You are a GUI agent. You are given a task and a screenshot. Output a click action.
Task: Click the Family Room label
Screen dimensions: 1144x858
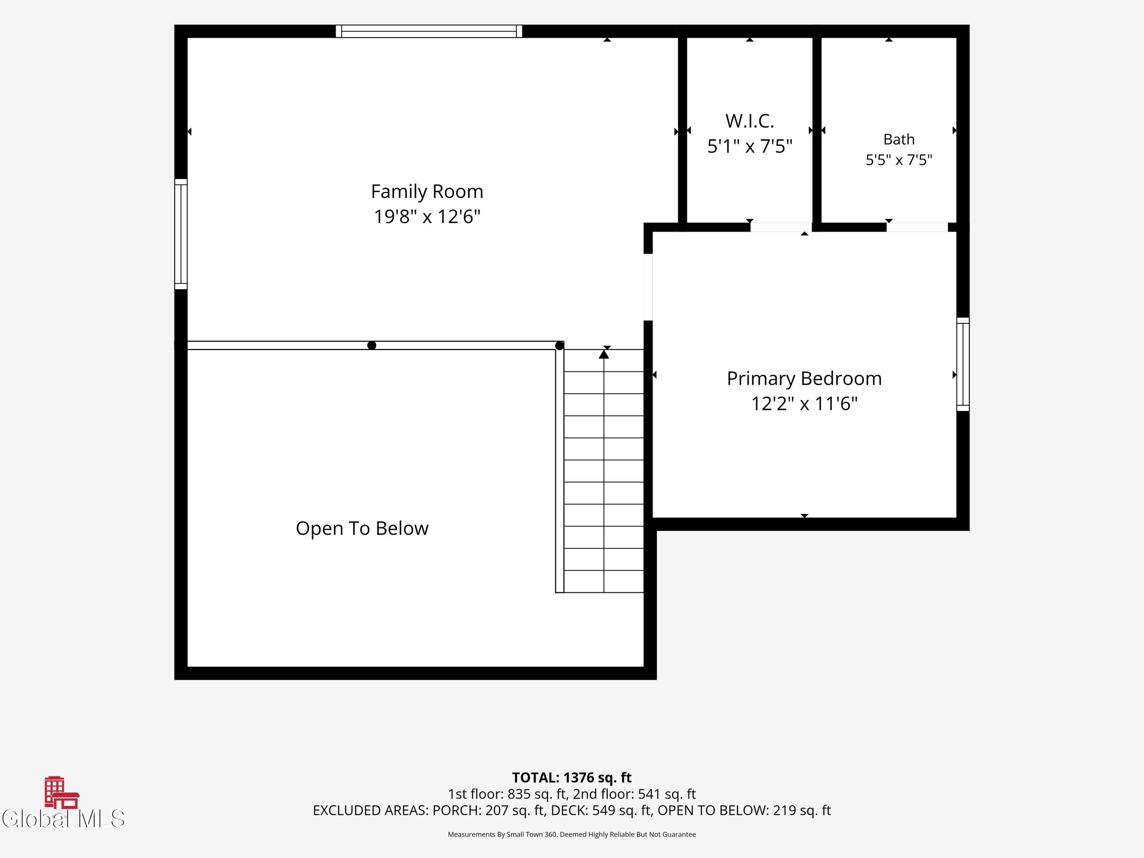(427, 192)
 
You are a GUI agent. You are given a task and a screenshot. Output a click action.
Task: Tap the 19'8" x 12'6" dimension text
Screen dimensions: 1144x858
(427, 216)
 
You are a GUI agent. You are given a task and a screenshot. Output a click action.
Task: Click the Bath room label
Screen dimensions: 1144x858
(899, 139)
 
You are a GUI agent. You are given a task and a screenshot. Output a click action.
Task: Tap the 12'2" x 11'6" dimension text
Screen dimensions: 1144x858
(804, 403)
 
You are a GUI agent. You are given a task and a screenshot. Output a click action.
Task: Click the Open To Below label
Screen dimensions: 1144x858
(362, 529)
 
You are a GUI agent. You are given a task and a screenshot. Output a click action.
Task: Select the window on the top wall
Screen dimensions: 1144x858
(429, 31)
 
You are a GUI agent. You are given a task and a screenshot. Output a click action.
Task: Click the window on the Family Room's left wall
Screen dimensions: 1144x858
(180, 234)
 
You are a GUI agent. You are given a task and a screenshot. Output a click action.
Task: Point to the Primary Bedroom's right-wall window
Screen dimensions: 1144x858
(962, 364)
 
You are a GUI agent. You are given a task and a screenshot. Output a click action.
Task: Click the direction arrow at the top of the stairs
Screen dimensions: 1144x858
(604, 354)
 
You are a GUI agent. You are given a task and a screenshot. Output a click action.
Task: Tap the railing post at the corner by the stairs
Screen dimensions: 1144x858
(559, 345)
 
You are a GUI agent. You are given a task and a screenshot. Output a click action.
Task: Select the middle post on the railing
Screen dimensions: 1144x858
(371, 345)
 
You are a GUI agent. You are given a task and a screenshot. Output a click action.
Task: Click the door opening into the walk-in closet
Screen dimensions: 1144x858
(781, 227)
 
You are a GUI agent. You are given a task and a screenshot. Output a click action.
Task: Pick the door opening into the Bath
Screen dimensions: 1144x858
(917, 227)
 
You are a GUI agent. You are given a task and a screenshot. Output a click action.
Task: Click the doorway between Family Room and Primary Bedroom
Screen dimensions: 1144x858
(648, 287)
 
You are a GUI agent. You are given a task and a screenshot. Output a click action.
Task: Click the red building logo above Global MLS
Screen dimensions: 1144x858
(61, 792)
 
